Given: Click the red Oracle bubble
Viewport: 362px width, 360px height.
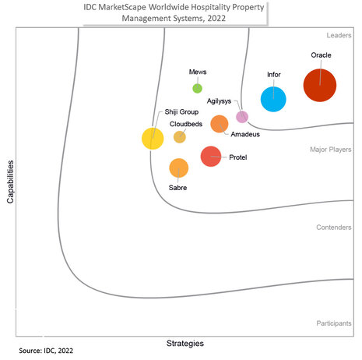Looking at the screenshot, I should click(320, 85).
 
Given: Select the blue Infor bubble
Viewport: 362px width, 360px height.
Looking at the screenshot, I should click(273, 99).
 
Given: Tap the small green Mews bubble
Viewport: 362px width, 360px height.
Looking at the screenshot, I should click(198, 88).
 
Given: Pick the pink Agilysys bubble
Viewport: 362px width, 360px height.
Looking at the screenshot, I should click(242, 117).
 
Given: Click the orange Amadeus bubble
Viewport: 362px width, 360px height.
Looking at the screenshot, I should click(220, 123).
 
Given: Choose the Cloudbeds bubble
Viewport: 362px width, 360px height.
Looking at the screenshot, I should click(180, 137).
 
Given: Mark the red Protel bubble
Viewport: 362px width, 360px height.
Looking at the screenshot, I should click(210, 157).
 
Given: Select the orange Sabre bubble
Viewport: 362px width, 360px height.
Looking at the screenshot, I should click(178, 168).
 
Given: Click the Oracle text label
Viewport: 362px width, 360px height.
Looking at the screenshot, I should click(321, 56).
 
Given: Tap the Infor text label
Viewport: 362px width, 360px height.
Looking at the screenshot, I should click(273, 75).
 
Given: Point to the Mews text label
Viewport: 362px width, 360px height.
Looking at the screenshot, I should click(198, 72).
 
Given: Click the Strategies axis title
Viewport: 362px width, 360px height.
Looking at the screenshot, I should click(185, 343).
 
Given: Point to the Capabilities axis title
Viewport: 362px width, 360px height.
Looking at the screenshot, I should click(12, 182).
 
